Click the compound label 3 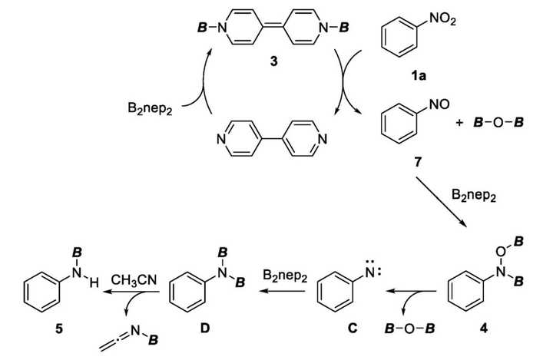[273, 61]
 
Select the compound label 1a [418, 75]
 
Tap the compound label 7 [418, 162]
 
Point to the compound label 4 [484, 329]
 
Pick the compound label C [353, 329]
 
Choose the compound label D [205, 329]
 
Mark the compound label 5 [59, 329]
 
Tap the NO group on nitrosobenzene [439, 104]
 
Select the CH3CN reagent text [134, 281]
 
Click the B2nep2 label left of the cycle [151, 108]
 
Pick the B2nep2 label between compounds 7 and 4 [474, 195]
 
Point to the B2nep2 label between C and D [285, 276]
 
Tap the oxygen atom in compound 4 [501, 252]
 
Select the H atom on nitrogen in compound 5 [94, 282]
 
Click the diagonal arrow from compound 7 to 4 [441, 203]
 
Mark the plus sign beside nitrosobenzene [459, 123]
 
